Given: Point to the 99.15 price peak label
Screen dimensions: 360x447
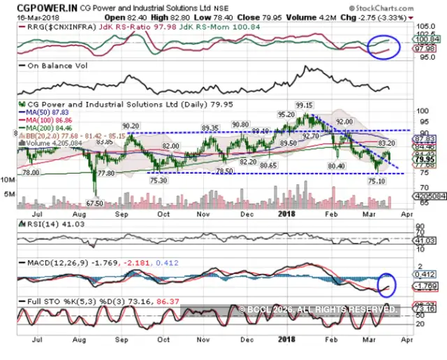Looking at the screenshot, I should pyautogui.click(x=303, y=105).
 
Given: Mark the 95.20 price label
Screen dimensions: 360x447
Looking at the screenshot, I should pyautogui.click(x=285, y=114).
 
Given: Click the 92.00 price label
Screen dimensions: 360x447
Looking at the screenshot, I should pyautogui.click(x=345, y=121).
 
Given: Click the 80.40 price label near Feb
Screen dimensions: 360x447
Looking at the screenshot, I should pyautogui.click(x=336, y=165).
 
